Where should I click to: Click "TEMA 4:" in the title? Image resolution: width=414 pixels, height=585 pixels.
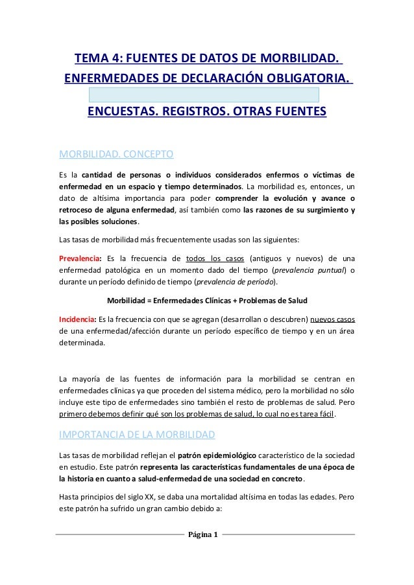click(97, 61)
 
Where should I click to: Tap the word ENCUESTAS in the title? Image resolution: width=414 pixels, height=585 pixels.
click(123, 114)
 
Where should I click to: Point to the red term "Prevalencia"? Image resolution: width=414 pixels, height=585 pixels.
click(77, 253)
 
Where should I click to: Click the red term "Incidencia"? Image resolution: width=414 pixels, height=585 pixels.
click(77, 319)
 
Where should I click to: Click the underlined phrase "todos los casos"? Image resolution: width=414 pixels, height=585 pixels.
click(215, 253)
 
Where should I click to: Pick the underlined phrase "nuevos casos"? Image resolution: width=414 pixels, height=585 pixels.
click(337, 319)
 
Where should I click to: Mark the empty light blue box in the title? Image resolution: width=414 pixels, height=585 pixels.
click(204, 95)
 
